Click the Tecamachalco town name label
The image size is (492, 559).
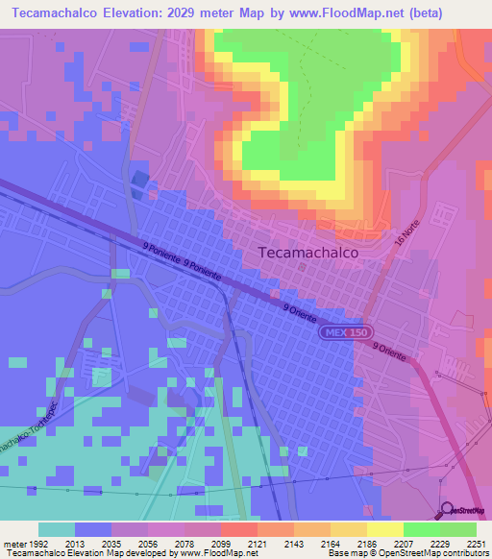pos(308,252)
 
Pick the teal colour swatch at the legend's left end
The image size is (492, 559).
pos(57,529)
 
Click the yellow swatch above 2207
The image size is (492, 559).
pos(385,529)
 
